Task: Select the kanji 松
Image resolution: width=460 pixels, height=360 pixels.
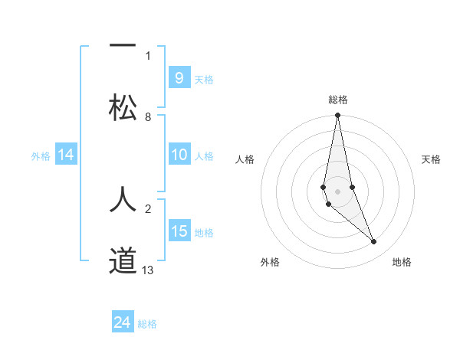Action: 123,107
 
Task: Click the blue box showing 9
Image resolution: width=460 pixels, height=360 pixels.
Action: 179,78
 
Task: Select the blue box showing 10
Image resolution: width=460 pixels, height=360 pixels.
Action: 179,155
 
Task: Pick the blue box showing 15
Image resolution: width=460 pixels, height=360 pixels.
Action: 179,231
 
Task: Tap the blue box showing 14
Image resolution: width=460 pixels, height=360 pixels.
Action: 66,155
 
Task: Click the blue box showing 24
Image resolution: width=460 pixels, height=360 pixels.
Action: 123,323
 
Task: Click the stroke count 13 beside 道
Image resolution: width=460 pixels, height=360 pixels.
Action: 148,270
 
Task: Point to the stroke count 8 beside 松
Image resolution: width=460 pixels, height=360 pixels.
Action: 148,117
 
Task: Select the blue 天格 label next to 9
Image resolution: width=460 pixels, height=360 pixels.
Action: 204,79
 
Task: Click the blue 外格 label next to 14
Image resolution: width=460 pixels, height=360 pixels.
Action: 41,155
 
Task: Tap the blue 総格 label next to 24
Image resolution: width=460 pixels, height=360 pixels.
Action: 147,324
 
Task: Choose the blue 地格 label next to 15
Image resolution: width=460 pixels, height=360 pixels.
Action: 204,232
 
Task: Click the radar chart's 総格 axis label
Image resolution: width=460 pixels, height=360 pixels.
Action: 338,100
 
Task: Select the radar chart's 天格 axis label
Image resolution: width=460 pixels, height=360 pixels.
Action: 431,159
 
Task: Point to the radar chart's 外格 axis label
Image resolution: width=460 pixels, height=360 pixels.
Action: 270,262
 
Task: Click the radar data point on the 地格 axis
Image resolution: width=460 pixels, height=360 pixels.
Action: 374,242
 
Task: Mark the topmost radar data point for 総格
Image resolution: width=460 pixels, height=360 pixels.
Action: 337,116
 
